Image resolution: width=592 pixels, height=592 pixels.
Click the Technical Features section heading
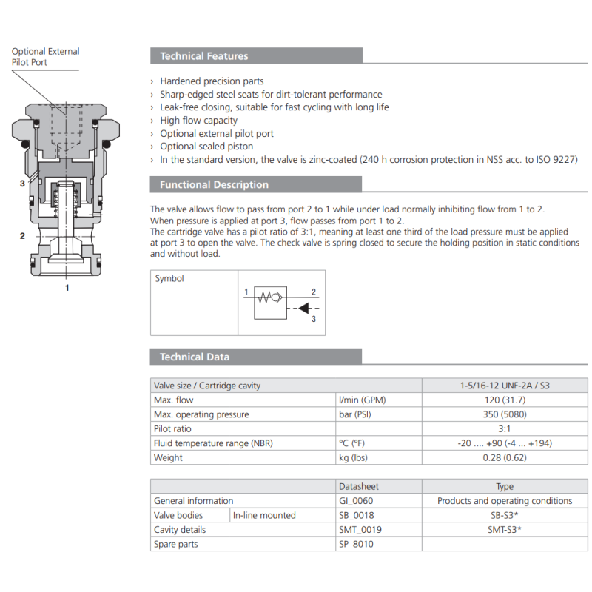(204, 56)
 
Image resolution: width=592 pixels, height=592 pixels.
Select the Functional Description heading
(214, 185)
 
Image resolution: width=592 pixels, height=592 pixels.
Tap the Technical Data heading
(195, 357)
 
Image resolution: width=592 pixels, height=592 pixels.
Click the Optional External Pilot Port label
(45, 57)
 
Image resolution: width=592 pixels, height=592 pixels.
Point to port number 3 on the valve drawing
(22, 184)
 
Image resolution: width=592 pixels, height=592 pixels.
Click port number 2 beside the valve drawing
(22, 236)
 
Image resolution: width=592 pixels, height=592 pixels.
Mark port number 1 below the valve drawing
(67, 287)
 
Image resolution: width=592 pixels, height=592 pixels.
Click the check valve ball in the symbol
(275, 297)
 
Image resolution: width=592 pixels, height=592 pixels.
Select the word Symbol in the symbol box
(169, 279)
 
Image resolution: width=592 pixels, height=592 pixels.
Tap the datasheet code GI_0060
(355, 501)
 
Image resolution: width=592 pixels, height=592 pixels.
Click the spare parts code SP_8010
(355, 544)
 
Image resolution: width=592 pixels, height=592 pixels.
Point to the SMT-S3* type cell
(504, 530)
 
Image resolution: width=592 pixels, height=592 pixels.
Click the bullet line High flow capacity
(198, 121)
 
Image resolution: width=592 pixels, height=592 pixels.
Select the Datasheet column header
(358, 487)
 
